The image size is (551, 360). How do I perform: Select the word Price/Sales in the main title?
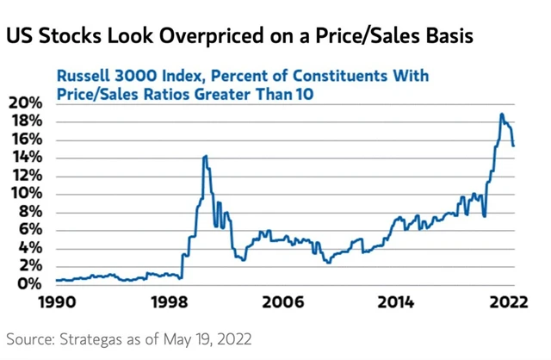pyautogui.click(x=360, y=38)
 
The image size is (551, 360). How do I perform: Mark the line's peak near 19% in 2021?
pyautogui.click(x=502, y=114)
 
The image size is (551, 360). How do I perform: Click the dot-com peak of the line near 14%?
pyautogui.click(x=204, y=156)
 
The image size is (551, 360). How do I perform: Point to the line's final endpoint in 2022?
pyautogui.click(x=514, y=146)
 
